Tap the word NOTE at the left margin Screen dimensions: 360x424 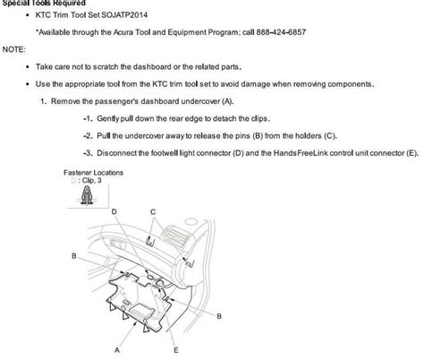(x=13, y=48)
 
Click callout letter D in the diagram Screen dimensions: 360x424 (x=114, y=210)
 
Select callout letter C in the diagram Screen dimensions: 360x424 (x=153, y=210)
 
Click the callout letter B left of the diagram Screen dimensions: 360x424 (x=72, y=255)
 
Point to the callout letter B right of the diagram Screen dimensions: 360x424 (x=219, y=316)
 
